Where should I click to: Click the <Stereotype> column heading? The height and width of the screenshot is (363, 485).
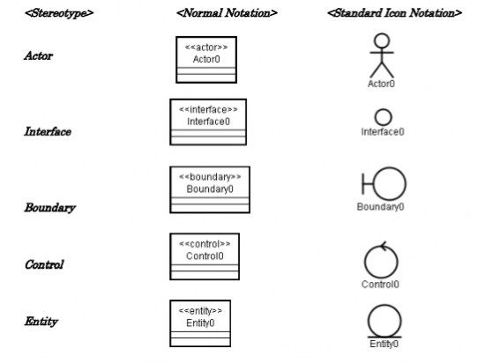pos(59,13)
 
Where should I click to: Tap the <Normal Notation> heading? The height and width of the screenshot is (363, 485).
pos(227,13)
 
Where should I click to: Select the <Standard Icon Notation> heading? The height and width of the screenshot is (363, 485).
pos(395,13)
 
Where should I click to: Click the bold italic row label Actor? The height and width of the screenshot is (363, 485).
pos(39,56)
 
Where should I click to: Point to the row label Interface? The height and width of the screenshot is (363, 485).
pos(48,131)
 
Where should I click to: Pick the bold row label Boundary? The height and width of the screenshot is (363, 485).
pos(50,208)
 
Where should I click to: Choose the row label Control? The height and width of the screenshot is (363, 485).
pos(44,264)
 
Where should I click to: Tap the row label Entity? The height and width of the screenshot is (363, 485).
pos(41,322)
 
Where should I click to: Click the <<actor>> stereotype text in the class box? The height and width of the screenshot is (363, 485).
pos(206,48)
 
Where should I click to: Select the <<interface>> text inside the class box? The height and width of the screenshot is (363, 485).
pos(208,109)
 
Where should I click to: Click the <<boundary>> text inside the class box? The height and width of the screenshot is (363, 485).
pos(210,177)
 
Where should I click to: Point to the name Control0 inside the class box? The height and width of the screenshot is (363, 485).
pos(205,256)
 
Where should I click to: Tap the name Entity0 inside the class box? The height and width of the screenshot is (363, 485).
pos(200,323)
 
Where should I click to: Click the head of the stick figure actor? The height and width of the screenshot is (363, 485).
pos(382,41)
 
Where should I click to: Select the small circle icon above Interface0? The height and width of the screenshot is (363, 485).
pos(384,117)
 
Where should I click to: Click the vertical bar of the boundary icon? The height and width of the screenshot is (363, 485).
pos(363,184)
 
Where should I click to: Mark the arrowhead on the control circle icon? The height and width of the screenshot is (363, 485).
pos(384,246)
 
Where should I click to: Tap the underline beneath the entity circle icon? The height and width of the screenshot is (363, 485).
pos(384,337)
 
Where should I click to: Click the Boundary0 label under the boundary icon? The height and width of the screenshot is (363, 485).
pos(380,207)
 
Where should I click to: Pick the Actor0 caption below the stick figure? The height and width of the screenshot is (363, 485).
pos(381,84)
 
